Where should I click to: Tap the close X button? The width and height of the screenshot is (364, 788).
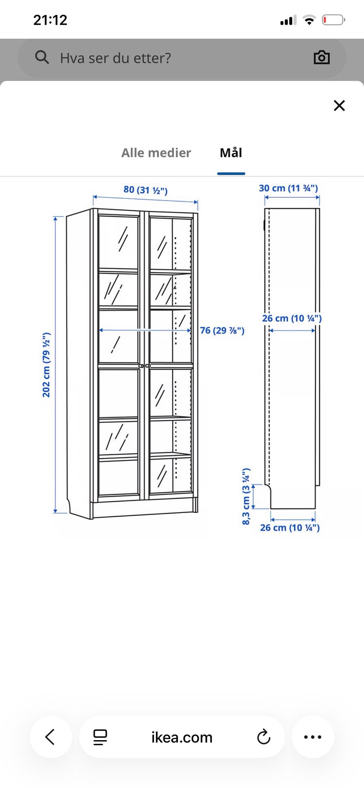(x=339, y=105)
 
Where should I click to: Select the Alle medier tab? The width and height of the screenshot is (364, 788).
(x=156, y=153)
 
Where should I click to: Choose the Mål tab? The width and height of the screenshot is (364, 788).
(x=231, y=152)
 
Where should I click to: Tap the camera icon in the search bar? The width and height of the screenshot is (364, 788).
(x=322, y=57)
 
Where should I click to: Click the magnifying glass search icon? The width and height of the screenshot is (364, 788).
(x=42, y=57)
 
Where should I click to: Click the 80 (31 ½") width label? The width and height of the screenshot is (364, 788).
(x=146, y=190)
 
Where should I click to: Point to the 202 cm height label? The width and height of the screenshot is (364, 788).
(x=46, y=365)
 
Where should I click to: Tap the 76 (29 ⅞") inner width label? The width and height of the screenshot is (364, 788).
(x=222, y=330)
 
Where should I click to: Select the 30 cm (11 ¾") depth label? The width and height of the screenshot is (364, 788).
(x=289, y=188)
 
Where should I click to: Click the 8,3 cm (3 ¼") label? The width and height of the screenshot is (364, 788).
(x=246, y=496)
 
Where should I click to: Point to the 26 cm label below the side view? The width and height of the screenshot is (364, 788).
(x=290, y=527)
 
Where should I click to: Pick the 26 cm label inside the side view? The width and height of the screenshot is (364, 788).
(x=292, y=318)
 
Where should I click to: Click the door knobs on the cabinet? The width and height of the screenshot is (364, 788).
(x=144, y=366)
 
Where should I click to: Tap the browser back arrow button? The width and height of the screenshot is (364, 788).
(x=50, y=737)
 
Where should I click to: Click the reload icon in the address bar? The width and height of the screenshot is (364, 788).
(x=264, y=737)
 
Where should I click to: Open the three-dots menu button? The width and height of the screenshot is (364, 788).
(x=313, y=737)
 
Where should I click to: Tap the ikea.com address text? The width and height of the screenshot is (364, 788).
(x=182, y=737)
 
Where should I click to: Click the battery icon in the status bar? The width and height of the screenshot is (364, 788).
(x=334, y=20)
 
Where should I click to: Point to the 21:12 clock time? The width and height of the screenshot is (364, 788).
(x=50, y=20)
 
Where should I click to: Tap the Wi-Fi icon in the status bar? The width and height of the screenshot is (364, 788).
(x=309, y=20)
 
